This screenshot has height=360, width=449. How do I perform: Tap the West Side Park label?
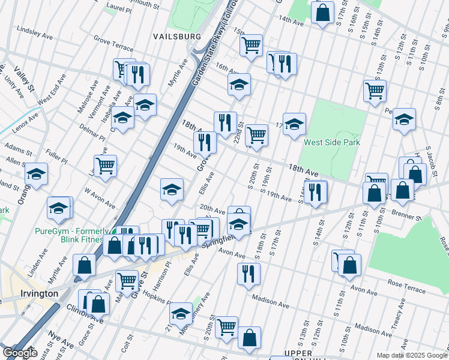click(331, 143)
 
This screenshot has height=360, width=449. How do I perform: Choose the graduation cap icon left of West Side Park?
click(294, 124)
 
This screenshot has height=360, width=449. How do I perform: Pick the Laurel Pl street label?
click(118, 9)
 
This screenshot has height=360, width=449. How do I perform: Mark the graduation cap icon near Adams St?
click(36, 175)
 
